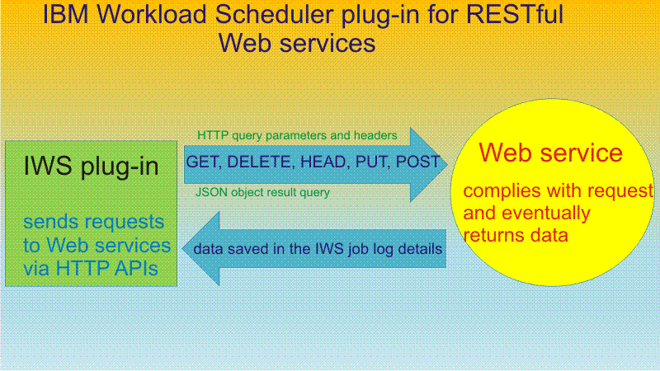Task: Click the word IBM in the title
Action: coord(65,14)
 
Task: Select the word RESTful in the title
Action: coord(514,14)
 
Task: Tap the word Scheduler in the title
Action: coord(275,14)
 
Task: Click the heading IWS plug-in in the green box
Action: coord(91,167)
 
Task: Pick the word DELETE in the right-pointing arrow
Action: coord(260,162)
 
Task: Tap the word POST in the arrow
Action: coord(417,162)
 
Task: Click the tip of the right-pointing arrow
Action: coord(447,164)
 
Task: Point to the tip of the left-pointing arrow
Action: coord(182,249)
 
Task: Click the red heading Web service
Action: coord(550,153)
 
